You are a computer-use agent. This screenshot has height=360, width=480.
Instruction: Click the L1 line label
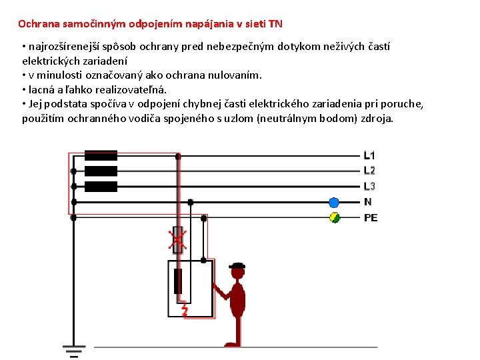click(x=369, y=156)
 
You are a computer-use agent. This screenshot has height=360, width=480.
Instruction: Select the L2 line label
click(x=369, y=171)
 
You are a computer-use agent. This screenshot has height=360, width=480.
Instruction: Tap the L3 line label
click(x=369, y=186)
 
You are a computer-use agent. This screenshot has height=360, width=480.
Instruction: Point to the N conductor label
click(x=367, y=202)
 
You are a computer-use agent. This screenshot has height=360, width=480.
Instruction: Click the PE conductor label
click(x=371, y=217)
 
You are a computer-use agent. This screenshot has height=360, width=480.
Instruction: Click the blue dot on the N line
click(x=334, y=202)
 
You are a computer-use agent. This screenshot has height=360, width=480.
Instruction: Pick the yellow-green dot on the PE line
click(x=335, y=217)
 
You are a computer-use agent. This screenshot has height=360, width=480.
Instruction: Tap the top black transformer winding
click(x=101, y=156)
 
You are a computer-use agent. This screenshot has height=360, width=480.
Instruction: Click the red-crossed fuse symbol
click(x=177, y=239)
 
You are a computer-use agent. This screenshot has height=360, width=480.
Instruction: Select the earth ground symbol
click(x=73, y=350)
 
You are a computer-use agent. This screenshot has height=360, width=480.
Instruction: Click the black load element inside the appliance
click(x=177, y=282)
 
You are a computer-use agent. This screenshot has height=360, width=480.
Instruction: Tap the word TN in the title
click(x=275, y=24)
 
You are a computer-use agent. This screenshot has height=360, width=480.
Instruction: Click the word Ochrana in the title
click(x=38, y=24)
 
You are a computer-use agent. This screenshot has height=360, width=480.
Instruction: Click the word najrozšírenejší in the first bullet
click(x=57, y=47)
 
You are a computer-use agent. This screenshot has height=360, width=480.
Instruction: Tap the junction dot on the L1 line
click(x=177, y=157)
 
